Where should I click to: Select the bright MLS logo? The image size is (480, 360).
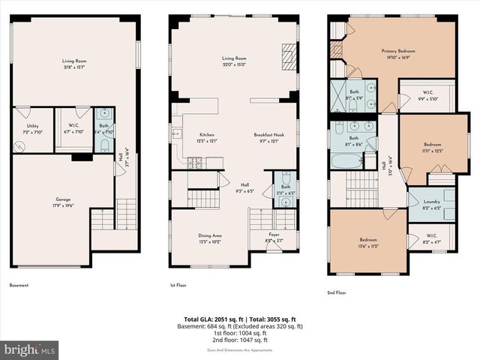point(30,349)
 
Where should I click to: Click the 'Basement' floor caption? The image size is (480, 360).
point(19,286)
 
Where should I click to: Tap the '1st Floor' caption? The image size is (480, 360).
point(178,286)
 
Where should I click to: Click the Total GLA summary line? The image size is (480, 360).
point(239,319)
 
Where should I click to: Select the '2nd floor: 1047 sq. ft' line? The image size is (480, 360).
point(239,340)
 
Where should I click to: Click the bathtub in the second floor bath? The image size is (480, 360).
point(346,161)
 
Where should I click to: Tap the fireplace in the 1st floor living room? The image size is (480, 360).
point(289,56)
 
